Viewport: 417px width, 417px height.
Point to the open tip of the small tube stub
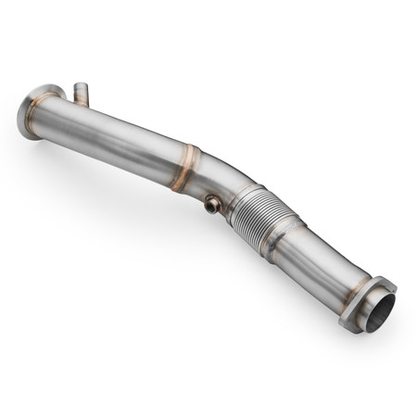pos(81,86)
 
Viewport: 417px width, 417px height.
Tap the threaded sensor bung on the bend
pos(214,205)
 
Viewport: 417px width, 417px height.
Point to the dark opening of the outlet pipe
pos(379,312)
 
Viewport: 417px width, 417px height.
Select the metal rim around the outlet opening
pos(369,298)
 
